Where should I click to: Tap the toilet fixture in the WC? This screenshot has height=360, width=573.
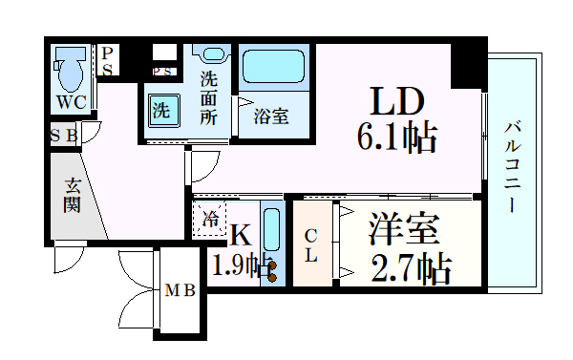[x=68, y=67]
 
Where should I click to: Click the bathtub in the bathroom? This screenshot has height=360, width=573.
[x=275, y=68]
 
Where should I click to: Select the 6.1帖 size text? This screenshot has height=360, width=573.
[x=397, y=138]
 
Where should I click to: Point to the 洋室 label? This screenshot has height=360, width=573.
[x=404, y=232]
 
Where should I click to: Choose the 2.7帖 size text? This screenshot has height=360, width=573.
[x=412, y=269]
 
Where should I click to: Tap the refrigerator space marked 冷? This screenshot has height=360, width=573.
[x=210, y=219]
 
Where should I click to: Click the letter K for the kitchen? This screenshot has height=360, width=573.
[x=241, y=233]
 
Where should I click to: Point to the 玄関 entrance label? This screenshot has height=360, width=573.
[x=73, y=195]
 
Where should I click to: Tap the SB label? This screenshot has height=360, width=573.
[x=65, y=135]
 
